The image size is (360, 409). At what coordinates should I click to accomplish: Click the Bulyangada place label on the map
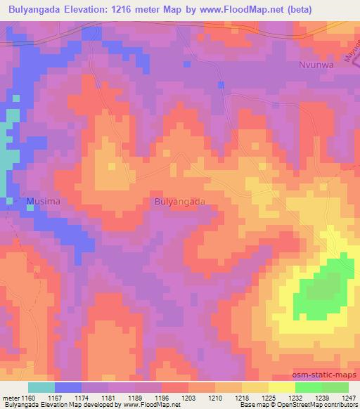pos(179,201)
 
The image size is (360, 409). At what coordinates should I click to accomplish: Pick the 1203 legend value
pos(188,397)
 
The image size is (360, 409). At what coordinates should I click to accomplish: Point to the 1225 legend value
pos(268,397)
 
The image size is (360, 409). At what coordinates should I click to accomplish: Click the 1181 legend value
pos(110,397)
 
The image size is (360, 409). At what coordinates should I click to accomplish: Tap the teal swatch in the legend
pos(41,387)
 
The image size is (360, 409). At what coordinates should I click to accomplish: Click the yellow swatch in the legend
pos(281,387)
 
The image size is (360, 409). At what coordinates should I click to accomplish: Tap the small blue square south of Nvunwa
pos(221,84)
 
